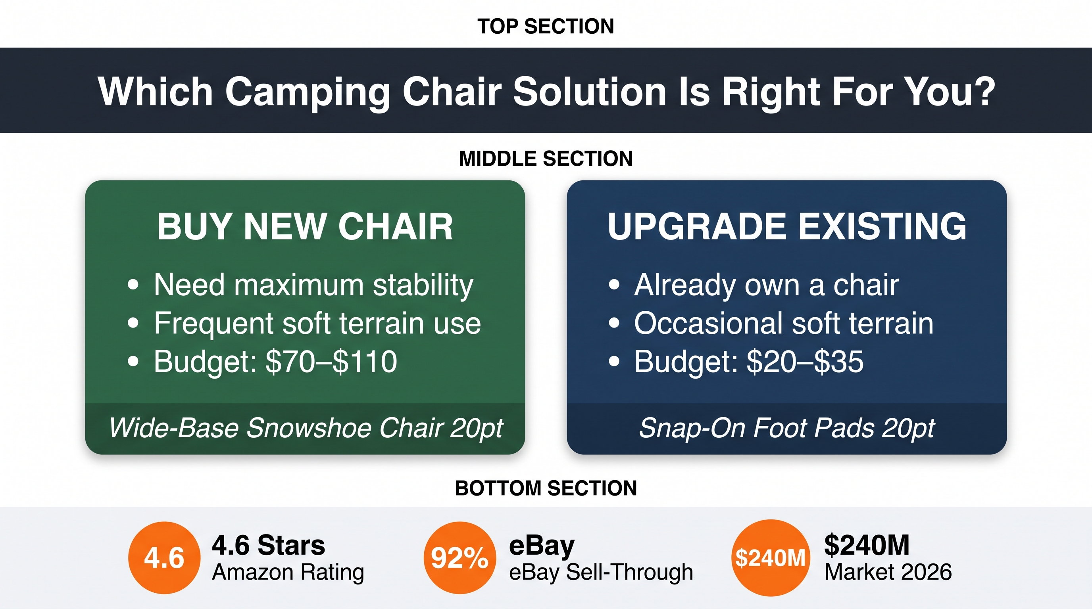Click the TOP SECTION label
[546, 26]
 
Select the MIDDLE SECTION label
[546, 159]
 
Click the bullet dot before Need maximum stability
[133, 285]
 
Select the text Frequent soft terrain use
[317, 323]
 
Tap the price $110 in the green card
[365, 362]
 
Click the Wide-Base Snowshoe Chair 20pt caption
[306, 428]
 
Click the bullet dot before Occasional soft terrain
[614, 324]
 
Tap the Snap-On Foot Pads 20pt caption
[787, 428]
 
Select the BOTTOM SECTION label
[546, 488]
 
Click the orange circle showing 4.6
[164, 558]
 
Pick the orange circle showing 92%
[459, 558]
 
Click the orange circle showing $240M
[770, 558]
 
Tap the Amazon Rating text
[288, 573]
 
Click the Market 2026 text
[888, 572]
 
